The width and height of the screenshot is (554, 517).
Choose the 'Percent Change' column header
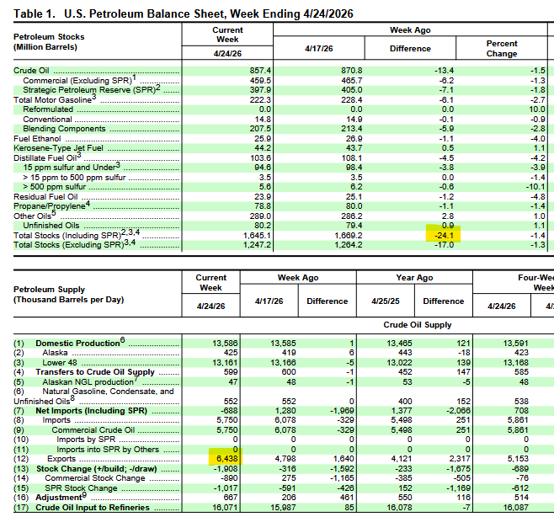coord(502,48)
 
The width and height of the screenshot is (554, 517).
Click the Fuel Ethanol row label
coord(35,138)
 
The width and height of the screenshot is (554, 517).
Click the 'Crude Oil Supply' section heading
coord(418,324)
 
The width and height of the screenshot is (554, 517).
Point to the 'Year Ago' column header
coord(414,277)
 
